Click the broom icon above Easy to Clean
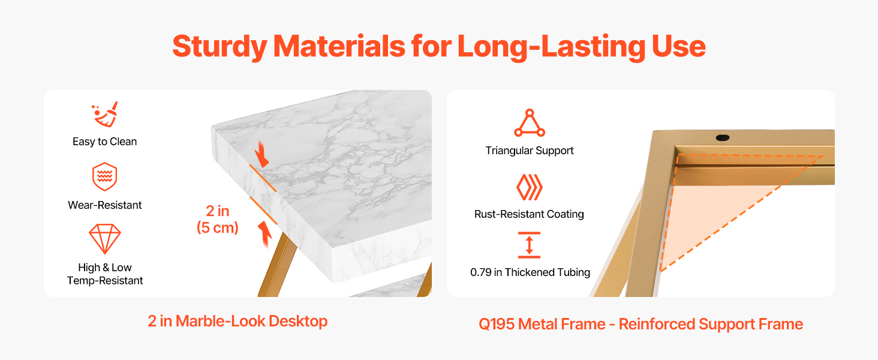point(105,115)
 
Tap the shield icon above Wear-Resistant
point(105,176)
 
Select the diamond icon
point(105,239)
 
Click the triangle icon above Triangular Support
point(530,123)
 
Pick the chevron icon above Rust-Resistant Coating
point(530,187)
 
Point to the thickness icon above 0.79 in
point(529,245)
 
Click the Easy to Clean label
point(105,142)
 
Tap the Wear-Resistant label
point(105,205)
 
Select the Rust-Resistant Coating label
point(529,214)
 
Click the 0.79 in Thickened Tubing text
point(530,272)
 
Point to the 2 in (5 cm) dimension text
point(218,219)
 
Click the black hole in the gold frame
point(723,137)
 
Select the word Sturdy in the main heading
point(220,47)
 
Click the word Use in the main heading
point(678,46)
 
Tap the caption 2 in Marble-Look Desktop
point(237,321)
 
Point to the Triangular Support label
point(530,151)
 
